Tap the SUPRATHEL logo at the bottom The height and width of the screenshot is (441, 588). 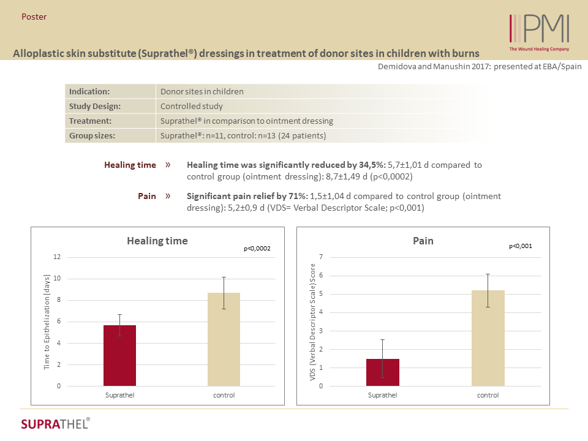point(55,424)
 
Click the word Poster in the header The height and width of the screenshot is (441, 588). point(34,17)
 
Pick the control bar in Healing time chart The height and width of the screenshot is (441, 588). point(224,339)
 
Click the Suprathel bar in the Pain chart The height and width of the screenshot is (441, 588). point(382,372)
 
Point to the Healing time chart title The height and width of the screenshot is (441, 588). point(157,241)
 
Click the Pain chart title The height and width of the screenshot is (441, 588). point(423,241)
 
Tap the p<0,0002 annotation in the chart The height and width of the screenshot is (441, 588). point(257,249)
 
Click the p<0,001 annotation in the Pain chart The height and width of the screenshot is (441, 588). point(521,246)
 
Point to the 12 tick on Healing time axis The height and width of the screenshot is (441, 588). point(57,257)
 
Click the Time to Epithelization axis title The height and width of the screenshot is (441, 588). point(47,322)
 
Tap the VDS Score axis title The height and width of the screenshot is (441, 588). point(312,322)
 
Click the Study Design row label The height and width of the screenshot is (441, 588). point(94,106)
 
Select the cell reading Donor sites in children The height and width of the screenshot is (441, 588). point(202,92)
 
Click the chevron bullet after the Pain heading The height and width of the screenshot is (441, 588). point(168,196)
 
